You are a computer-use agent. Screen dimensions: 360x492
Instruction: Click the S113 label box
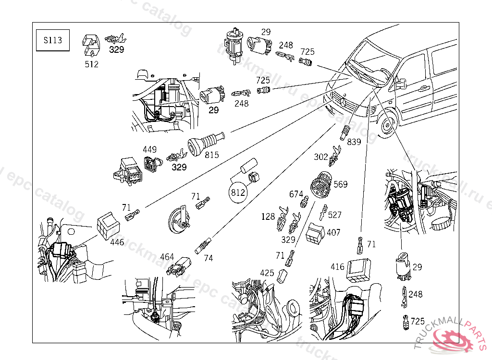point(52,40)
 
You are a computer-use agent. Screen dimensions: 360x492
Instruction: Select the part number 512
point(91,64)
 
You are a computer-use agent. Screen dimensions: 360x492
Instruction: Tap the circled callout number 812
point(238,193)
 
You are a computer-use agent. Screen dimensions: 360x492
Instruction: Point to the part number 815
point(212,155)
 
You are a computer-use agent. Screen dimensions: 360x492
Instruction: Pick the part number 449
point(149,150)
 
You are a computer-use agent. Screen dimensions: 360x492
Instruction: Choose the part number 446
point(117,242)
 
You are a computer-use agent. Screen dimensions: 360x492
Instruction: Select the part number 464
point(167,257)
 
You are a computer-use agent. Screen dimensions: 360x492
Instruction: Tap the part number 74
point(208,258)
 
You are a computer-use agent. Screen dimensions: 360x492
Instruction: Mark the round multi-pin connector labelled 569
point(321,184)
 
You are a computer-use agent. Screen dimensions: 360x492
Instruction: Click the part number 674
point(296,194)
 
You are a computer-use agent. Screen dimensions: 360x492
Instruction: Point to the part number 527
point(334,215)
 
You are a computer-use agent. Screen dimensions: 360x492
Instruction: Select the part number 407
point(333,232)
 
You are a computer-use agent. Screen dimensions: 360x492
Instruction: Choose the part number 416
point(338,266)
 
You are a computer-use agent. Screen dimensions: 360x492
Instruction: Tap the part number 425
point(267,273)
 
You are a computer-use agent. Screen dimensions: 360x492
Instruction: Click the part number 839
point(354,142)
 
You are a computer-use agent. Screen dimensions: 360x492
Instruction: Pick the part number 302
point(321,156)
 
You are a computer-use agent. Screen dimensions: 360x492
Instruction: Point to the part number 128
point(268,216)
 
